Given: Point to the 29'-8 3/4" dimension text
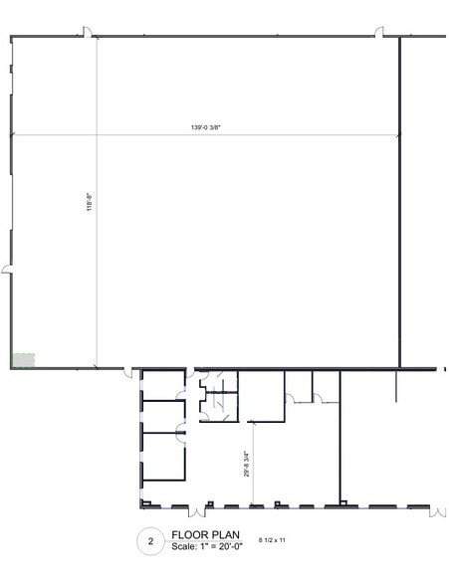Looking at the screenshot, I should click(x=245, y=467).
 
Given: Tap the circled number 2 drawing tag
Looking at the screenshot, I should click(x=150, y=541).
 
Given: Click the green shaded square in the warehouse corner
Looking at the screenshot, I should click(x=22, y=359).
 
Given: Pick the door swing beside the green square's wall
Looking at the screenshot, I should click(x=128, y=373).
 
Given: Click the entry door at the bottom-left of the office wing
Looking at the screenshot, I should click(x=196, y=511).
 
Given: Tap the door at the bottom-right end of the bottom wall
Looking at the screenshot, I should click(x=434, y=510).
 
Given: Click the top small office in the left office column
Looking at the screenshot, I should click(x=160, y=385).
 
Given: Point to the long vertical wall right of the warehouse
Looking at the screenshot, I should click(x=399, y=199).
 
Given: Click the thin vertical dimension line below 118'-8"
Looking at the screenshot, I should click(x=97, y=298).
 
